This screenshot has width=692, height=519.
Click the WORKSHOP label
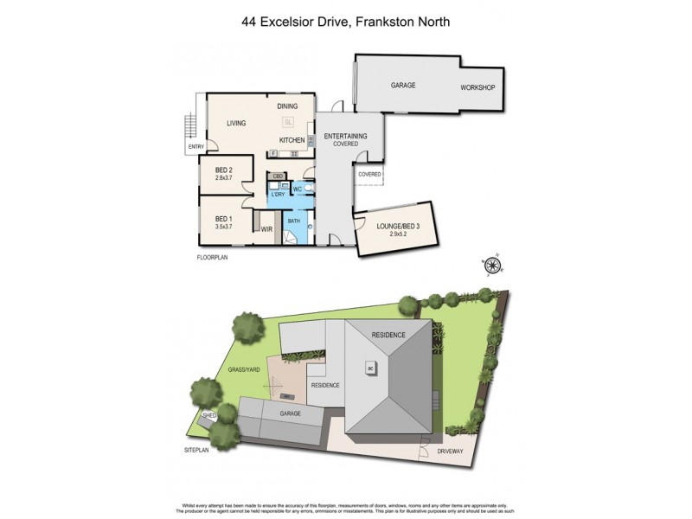tap(477, 88)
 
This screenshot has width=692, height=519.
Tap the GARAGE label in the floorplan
tap(403, 86)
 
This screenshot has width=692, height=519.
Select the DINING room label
tap(287, 106)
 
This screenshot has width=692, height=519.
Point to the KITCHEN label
tap(292, 140)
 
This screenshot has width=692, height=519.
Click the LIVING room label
tap(237, 124)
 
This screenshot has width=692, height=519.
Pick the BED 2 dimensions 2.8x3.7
tap(225, 179)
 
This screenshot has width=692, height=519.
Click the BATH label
tap(294, 221)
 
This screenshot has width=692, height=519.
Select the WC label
tap(297, 189)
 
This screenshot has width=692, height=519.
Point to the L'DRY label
tap(278, 194)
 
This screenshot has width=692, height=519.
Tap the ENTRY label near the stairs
tap(195, 147)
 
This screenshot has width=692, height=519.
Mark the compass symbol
tap(493, 266)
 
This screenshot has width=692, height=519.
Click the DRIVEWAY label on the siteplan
tap(450, 451)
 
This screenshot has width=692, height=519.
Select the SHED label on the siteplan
tap(208, 415)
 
